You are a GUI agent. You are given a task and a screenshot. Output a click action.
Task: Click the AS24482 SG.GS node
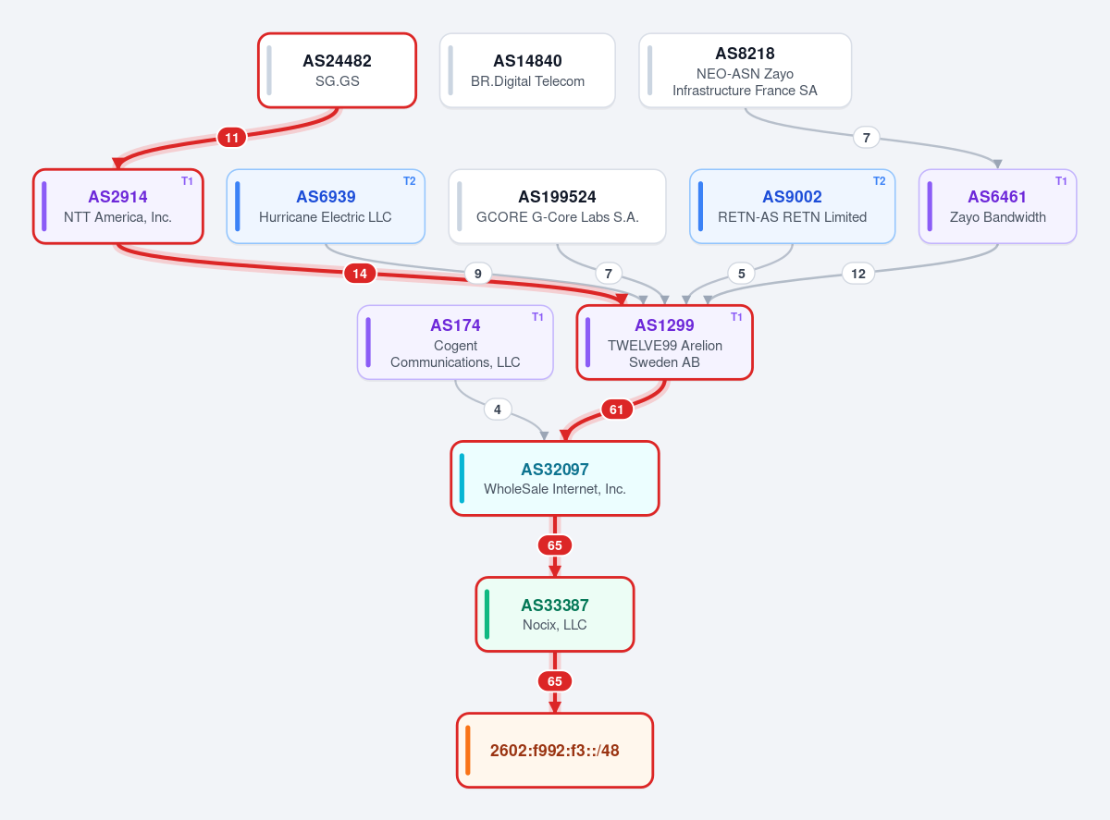tap(337, 70)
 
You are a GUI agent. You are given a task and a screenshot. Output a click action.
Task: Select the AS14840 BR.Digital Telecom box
tap(527, 70)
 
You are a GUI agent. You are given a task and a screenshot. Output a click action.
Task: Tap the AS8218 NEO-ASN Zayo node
tap(746, 70)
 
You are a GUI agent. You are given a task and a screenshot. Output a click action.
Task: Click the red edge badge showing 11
tap(231, 138)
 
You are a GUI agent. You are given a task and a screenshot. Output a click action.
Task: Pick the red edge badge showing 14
tap(360, 274)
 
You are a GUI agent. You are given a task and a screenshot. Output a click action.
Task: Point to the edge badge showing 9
tap(478, 274)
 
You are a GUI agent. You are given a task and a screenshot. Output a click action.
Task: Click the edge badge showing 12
tap(858, 274)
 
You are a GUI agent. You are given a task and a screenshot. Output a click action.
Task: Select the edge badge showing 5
tap(742, 274)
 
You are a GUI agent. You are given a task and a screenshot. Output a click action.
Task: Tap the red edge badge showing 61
tap(617, 410)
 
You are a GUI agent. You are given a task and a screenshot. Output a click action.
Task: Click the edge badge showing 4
tap(498, 410)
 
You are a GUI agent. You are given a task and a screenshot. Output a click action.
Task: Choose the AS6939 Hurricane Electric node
tap(326, 207)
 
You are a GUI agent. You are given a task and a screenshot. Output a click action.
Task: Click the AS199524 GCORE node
tap(558, 207)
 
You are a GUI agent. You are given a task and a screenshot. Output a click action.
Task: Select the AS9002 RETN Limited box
tap(792, 207)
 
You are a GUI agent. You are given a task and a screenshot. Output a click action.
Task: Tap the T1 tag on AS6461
tap(1061, 181)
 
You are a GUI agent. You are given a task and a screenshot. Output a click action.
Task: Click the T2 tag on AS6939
tap(410, 181)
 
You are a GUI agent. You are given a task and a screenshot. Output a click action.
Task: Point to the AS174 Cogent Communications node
tap(455, 343)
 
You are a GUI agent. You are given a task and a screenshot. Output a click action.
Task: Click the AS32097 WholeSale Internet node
tap(555, 478)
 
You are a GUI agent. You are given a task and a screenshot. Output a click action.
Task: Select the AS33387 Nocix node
tap(555, 615)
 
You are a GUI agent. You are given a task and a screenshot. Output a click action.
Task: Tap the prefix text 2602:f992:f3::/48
tap(554, 751)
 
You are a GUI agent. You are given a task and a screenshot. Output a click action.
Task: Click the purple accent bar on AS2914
tap(44, 207)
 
